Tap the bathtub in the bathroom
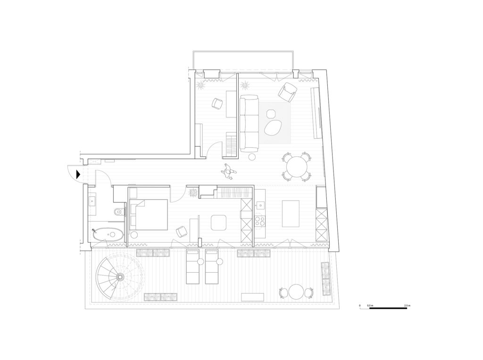coord(108,234)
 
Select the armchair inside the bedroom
coord(181,231)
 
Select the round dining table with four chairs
coord(297,166)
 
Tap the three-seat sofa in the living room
coord(249,123)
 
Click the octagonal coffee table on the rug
coord(271,114)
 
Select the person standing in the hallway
coord(228,172)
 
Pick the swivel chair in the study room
coord(217,103)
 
